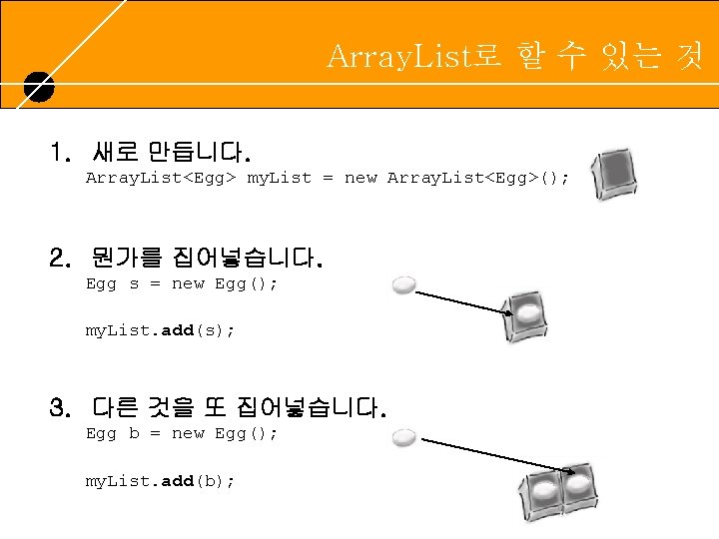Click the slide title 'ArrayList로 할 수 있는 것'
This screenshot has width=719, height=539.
[x=514, y=56]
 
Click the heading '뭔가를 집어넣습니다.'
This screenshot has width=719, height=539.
[x=206, y=261]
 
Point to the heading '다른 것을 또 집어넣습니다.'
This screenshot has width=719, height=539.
[x=239, y=408]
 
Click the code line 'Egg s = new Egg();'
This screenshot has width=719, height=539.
[x=182, y=283]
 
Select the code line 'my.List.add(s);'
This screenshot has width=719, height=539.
[x=160, y=330]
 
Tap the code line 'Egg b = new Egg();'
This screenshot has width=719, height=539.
[x=182, y=433]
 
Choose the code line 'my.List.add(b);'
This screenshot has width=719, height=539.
[x=160, y=481]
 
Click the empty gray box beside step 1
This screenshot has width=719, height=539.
[x=612, y=176]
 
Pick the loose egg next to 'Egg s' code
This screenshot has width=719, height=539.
[x=404, y=284]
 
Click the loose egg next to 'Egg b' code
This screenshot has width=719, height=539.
[x=404, y=437]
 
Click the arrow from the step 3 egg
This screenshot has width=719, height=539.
[x=489, y=454]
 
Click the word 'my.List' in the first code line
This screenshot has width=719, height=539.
[x=280, y=178]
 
